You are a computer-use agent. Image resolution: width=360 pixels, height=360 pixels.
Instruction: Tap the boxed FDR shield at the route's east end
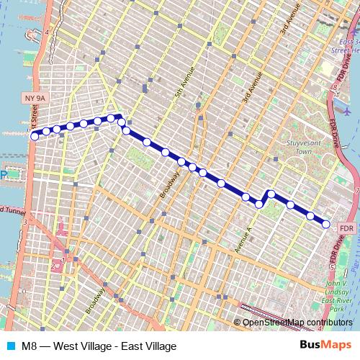point(347,228)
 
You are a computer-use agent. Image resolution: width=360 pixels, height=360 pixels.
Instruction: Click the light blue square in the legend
point(11,346)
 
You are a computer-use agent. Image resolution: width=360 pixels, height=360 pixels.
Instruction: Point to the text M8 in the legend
point(30,346)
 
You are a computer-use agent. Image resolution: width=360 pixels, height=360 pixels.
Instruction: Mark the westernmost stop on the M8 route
point(35,134)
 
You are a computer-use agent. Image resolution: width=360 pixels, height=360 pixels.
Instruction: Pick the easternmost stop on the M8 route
point(326,224)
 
